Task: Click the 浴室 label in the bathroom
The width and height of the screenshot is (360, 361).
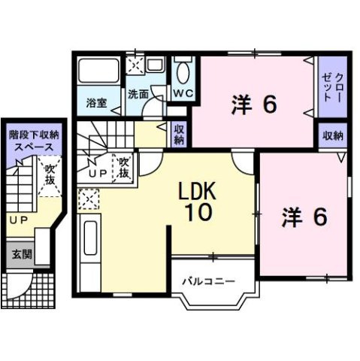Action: click(95, 102)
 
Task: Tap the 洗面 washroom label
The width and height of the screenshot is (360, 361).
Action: click(138, 96)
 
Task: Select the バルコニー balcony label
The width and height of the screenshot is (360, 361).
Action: click(208, 281)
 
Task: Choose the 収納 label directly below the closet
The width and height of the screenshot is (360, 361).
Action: click(334, 136)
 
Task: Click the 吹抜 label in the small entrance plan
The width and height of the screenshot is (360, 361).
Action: click(50, 176)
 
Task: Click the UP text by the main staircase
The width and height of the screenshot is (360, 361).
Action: click(98, 172)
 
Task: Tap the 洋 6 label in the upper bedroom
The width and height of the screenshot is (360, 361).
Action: click(253, 105)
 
